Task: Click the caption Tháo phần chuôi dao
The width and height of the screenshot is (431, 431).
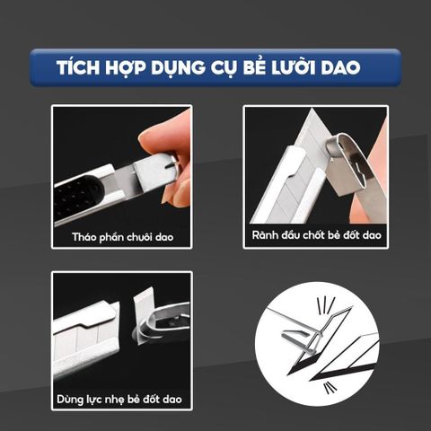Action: tap(123, 237)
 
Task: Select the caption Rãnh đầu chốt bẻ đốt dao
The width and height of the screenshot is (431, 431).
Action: tap(316, 234)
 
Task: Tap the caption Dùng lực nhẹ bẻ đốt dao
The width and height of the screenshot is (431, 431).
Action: tap(119, 400)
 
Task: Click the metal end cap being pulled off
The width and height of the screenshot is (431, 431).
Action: tap(156, 171)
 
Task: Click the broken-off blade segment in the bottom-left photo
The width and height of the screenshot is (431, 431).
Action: tap(144, 316)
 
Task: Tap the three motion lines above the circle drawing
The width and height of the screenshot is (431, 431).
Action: tap(326, 305)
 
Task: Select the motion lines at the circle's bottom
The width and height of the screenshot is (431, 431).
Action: tap(330, 388)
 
